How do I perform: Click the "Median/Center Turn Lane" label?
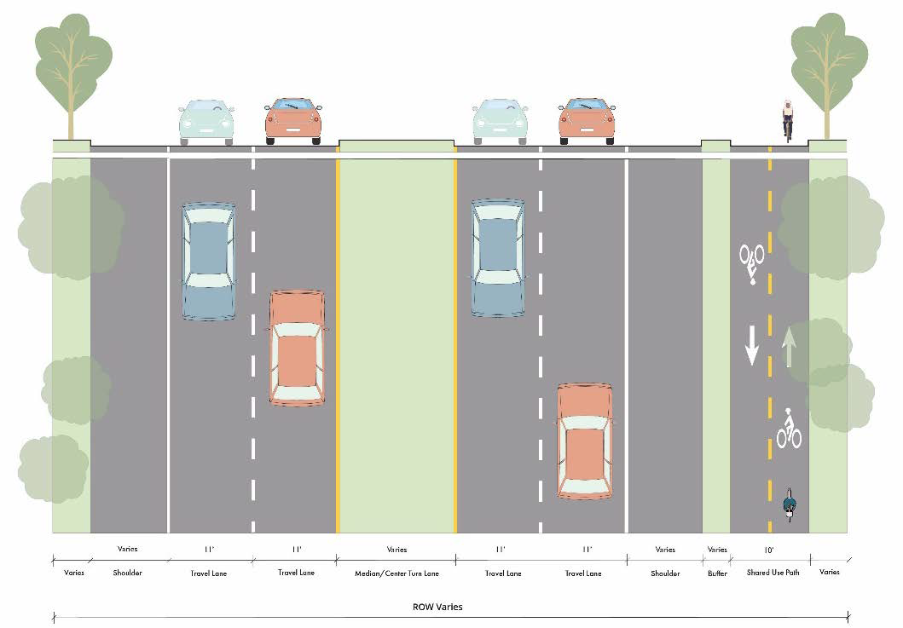(x=397, y=573)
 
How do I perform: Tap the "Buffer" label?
(x=717, y=573)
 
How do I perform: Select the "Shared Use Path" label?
(x=772, y=573)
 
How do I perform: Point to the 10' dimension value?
(x=770, y=550)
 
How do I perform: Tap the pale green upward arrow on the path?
(x=790, y=347)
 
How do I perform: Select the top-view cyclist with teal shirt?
(x=789, y=504)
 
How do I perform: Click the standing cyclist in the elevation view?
(x=788, y=119)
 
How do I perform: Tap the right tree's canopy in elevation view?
(x=828, y=55)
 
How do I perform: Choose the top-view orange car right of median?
(x=585, y=441)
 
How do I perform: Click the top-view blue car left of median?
(x=208, y=261)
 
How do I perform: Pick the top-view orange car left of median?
(x=297, y=348)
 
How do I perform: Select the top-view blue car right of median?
(x=498, y=258)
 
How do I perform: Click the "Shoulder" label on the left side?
(x=127, y=573)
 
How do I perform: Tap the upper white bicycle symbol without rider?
(x=751, y=261)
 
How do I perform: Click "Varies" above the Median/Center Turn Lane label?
(x=397, y=550)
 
